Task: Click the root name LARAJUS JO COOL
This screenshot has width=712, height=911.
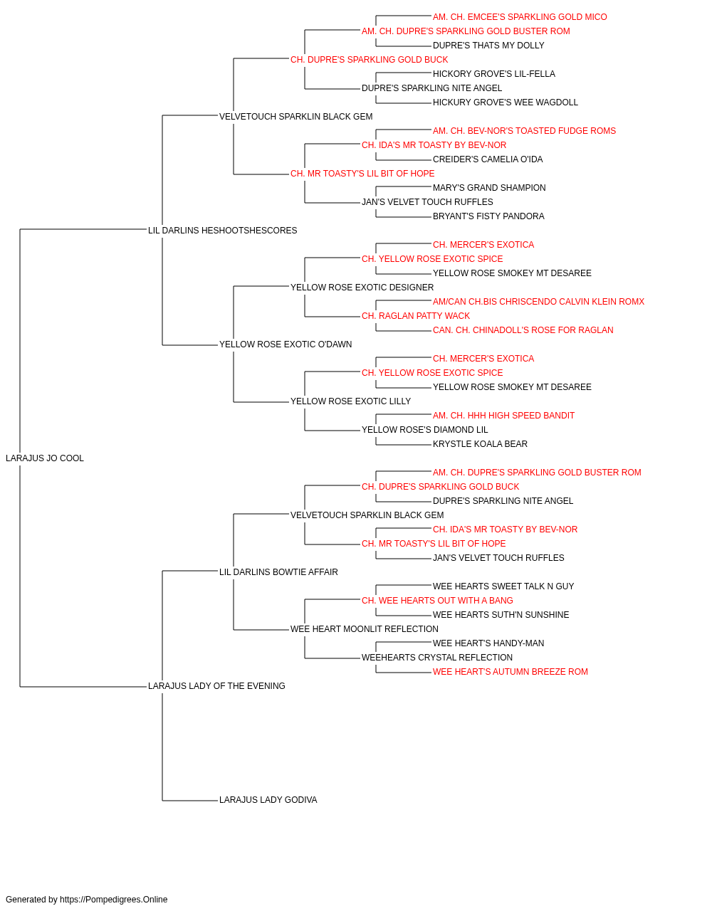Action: coord(45,458)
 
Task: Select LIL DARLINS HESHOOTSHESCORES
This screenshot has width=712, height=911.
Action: coord(222,231)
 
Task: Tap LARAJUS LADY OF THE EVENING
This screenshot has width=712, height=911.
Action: coord(216,686)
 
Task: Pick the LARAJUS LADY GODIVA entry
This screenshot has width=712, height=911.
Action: coord(268,800)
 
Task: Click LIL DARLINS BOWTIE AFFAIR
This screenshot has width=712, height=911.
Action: coord(278,572)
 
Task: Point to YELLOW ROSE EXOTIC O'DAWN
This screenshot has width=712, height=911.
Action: coord(286,344)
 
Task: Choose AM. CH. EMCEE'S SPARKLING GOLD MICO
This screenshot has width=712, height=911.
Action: coord(520,17)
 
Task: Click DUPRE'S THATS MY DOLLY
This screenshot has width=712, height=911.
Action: coord(488,46)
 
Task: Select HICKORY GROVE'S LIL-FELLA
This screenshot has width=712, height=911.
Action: coord(494,74)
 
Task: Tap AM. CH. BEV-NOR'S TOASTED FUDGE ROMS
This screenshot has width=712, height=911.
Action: coord(524,131)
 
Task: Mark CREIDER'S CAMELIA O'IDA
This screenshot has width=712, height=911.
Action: coord(488,159)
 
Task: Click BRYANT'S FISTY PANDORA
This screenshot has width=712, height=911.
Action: coord(488,216)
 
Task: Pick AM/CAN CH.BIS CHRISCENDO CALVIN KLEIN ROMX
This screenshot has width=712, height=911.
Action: coord(538,302)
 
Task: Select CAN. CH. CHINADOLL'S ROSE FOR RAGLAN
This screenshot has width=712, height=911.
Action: coord(523,330)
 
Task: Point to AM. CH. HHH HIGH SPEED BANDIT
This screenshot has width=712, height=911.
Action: coord(503,416)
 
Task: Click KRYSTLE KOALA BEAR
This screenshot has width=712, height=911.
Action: coord(480,444)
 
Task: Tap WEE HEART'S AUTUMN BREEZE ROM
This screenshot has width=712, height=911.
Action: coord(511,672)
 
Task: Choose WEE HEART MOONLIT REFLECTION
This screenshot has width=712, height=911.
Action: coord(365,629)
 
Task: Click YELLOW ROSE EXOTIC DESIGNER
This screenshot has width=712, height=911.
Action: coord(362,288)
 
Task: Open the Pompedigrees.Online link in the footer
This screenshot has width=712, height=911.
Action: coord(114,900)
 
